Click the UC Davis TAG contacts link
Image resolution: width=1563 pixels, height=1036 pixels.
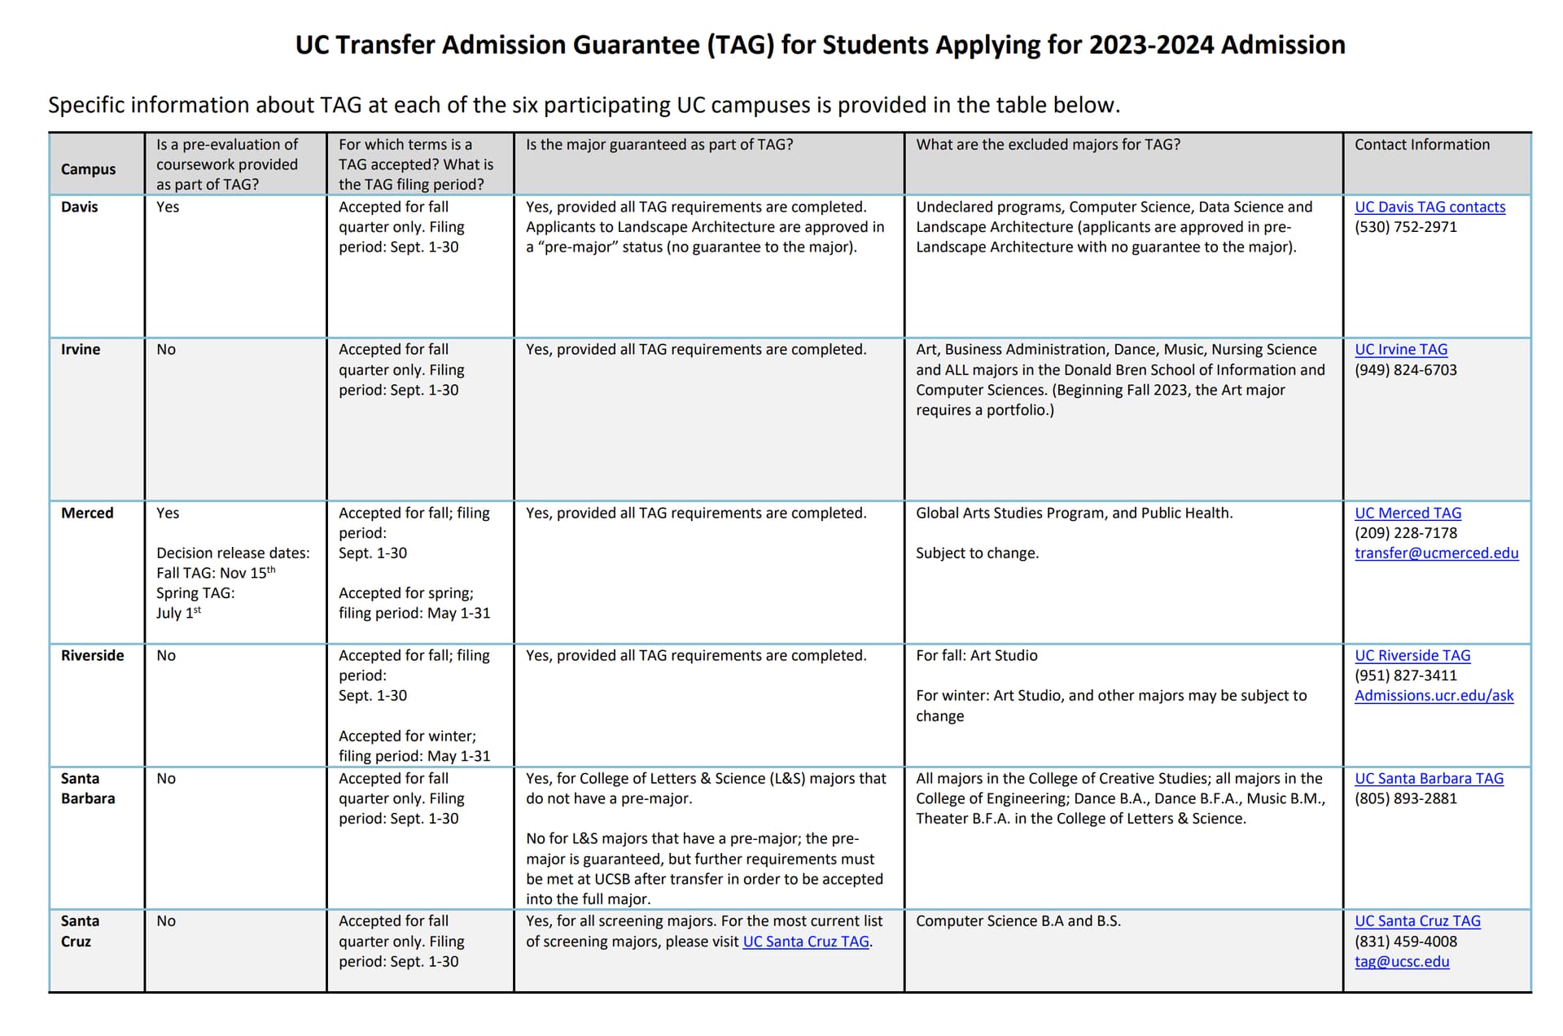pyautogui.click(x=1429, y=207)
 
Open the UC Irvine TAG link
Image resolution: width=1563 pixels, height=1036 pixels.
pyautogui.click(x=1400, y=349)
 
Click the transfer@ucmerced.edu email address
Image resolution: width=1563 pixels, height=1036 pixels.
pyautogui.click(x=1436, y=553)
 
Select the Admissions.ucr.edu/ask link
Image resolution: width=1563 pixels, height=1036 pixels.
pyautogui.click(x=1434, y=695)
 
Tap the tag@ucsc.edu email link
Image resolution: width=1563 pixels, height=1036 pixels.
pyautogui.click(x=1401, y=961)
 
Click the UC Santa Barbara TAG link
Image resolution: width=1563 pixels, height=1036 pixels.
pyautogui.click(x=1429, y=778)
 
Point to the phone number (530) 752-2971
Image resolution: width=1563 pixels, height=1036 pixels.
pyautogui.click(x=1405, y=227)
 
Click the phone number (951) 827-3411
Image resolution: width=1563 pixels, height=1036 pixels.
pyautogui.click(x=1405, y=675)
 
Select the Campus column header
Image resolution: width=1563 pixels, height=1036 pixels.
pyautogui.click(x=88, y=169)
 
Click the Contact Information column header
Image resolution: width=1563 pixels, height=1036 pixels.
pyautogui.click(x=1421, y=145)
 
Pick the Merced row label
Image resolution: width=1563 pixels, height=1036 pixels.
pyautogui.click(x=87, y=513)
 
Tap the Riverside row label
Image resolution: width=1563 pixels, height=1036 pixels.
pyautogui.click(x=92, y=655)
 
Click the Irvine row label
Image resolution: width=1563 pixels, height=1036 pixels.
pyautogui.click(x=81, y=349)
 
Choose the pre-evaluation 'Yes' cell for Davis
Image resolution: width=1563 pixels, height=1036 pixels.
pyautogui.click(x=168, y=207)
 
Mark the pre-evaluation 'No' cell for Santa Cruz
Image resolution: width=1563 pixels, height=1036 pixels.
pyautogui.click(x=166, y=920)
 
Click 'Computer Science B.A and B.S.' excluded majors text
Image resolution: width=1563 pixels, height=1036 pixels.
pyautogui.click(x=1018, y=920)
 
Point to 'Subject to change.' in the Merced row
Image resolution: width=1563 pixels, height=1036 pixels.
pyautogui.click(x=977, y=553)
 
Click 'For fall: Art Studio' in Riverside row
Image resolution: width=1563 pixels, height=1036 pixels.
pyautogui.click(x=976, y=655)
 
